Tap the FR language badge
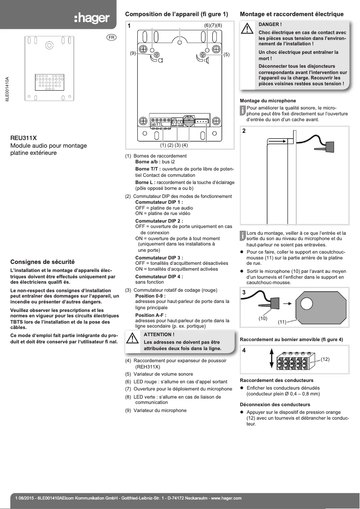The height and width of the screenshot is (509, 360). click(x=111, y=37)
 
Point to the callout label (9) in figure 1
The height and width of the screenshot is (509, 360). click(x=133, y=53)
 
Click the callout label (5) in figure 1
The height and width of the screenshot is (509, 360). click(x=226, y=54)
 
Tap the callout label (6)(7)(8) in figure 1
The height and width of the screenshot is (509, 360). click(x=213, y=26)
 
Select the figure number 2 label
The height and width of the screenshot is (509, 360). click(x=244, y=132)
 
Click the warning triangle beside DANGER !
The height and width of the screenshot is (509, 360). click(x=247, y=29)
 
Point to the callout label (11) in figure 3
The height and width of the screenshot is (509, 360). click(x=282, y=322)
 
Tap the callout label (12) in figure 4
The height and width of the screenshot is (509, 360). click(x=325, y=360)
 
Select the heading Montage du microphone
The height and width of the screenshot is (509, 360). click(x=268, y=101)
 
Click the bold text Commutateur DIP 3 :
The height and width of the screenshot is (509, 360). click(x=159, y=257)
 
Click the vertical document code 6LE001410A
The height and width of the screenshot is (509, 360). click(x=7, y=90)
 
